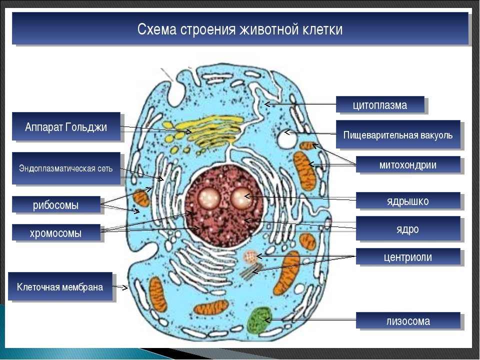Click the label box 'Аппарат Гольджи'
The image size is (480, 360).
pos(66,126)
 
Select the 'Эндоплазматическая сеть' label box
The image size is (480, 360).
pos(66,168)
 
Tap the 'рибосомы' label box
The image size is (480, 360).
pos(56,204)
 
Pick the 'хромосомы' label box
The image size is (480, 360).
pos(56,232)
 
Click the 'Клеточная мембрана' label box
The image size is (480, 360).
pos(60,286)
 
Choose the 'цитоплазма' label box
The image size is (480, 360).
pos(380,104)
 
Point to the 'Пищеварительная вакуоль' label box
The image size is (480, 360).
pos(398,134)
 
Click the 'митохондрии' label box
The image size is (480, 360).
pos(408,164)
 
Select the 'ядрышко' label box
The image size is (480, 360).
pos(408,200)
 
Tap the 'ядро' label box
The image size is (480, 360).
pos(408,228)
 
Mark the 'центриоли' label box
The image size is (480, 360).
pos(408,256)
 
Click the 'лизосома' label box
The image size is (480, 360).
pos(408,320)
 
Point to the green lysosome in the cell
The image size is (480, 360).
pos(259,320)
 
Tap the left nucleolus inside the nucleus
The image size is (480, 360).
pos(208,198)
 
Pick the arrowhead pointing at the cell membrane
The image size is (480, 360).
pos(124,287)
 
